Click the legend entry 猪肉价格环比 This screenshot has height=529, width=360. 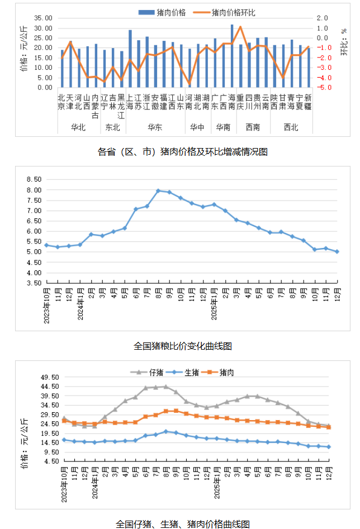coord(233,12)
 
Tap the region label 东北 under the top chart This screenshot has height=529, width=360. coord(113,127)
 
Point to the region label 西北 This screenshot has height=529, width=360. coord(291,127)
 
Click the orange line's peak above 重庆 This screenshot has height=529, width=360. coord(240,27)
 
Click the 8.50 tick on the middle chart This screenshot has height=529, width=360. coord(34,180)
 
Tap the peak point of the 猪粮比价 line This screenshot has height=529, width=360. coord(158,190)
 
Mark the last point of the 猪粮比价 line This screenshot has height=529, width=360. coord(337,251)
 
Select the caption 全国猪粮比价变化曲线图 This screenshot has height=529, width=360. coord(183,346)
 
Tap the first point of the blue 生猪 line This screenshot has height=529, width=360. coord(64,440)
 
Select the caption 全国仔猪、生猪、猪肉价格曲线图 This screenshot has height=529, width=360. coord(183,523)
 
